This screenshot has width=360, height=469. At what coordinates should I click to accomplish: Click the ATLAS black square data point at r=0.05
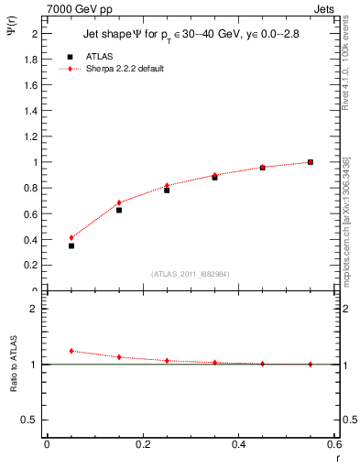coord(71,245)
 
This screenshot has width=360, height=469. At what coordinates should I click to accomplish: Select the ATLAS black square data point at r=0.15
coord(119,210)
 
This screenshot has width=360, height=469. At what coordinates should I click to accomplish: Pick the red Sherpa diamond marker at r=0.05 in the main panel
coord(71,237)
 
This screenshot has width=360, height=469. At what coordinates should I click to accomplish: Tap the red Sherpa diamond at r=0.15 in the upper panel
coord(119,202)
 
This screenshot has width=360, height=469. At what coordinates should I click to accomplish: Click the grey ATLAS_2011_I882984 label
coord(191,274)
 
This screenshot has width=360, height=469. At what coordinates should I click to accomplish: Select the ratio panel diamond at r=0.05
coord(71,351)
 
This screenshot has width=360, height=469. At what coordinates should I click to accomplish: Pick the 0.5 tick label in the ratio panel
coord(32,420)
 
